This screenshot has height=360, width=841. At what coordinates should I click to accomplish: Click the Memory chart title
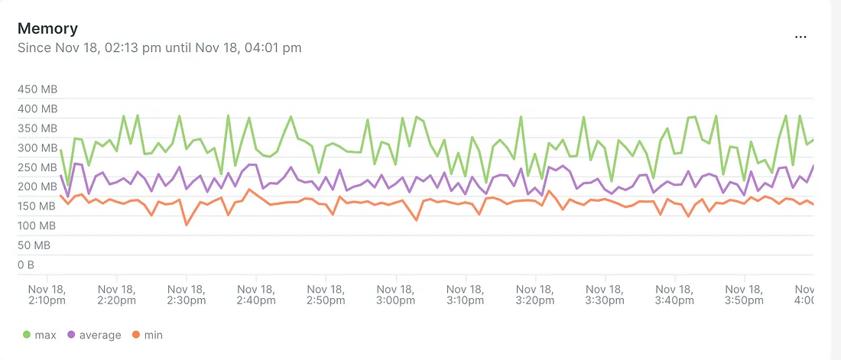click(47, 28)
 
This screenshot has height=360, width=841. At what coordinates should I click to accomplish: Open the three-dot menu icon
click(800, 37)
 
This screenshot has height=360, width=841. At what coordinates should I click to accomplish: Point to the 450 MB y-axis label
click(37, 89)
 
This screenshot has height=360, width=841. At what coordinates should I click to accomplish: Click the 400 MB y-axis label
click(37, 109)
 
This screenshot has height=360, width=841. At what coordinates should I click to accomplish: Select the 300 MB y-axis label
click(37, 148)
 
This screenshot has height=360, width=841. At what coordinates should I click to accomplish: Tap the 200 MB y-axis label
click(37, 186)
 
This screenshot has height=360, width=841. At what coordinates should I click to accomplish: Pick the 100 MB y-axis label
click(37, 225)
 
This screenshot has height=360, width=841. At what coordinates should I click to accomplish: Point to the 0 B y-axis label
click(26, 264)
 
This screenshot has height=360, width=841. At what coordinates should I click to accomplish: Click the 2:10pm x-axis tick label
click(47, 295)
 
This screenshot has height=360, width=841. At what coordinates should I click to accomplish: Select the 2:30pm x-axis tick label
click(187, 295)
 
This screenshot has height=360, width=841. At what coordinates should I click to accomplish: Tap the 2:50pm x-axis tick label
click(326, 295)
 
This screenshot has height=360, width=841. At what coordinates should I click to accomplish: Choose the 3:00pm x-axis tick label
click(396, 295)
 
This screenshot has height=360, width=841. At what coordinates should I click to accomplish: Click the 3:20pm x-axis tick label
click(536, 295)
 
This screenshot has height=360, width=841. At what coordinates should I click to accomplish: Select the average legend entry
click(95, 335)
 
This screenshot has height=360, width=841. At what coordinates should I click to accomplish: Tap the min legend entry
click(148, 335)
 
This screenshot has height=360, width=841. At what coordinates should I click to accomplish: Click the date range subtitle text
click(159, 47)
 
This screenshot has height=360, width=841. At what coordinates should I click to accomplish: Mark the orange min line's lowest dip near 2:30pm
click(187, 225)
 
